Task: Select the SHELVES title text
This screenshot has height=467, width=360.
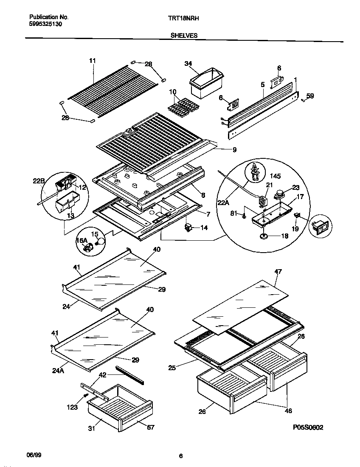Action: point(184,36)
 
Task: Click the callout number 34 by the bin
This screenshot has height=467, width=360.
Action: point(188,64)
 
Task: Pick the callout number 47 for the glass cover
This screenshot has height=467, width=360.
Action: point(278,271)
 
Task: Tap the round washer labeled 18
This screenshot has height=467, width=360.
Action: point(264,235)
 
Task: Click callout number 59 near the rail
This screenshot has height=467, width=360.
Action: point(310,96)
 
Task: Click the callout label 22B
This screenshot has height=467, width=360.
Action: point(39,182)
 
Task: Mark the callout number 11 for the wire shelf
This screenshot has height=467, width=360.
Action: point(93,61)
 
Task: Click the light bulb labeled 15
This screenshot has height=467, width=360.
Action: point(101,242)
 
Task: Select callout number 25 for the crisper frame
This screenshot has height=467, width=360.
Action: point(172,368)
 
